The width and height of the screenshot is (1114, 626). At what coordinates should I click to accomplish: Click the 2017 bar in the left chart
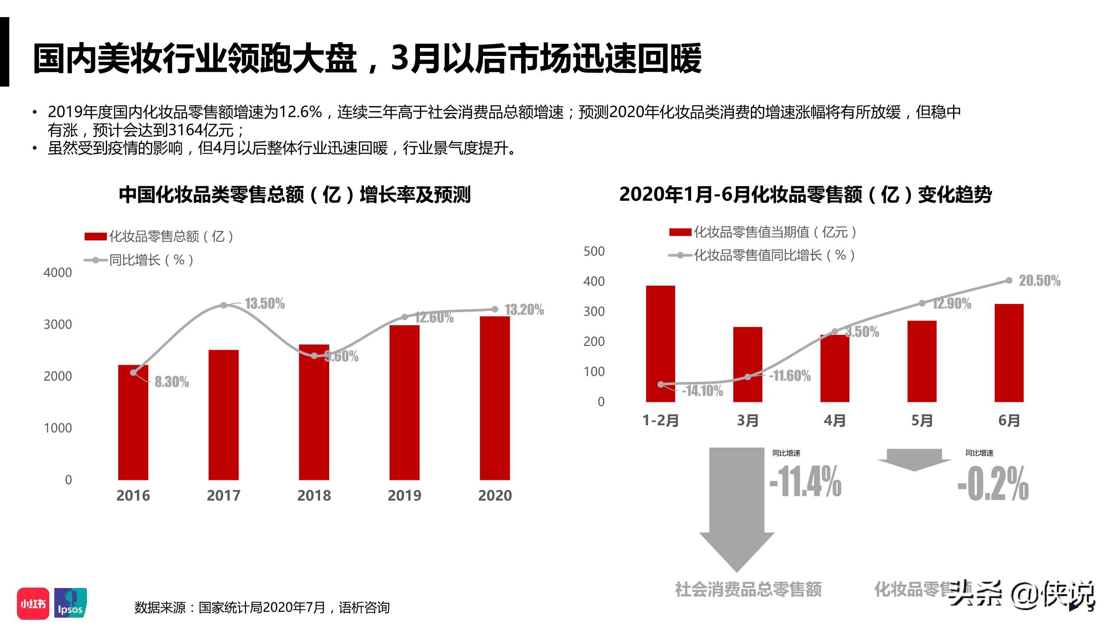[224, 415]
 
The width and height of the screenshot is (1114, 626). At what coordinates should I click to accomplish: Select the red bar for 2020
[495, 397]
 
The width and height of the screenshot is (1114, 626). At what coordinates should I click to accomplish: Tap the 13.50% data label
[265, 304]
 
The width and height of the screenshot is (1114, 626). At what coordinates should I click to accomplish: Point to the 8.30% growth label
[172, 382]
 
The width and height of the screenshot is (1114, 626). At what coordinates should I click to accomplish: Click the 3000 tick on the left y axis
[58, 324]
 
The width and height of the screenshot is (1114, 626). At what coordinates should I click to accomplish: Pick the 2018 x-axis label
[314, 495]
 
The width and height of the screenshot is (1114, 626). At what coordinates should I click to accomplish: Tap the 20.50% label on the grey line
[1039, 281]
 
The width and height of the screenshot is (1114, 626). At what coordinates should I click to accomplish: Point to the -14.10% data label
[702, 391]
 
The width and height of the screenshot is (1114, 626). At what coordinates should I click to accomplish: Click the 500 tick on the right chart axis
[594, 251]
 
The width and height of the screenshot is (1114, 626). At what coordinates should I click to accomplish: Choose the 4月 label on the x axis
[834, 420]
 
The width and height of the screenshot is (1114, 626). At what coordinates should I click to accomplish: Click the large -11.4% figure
[805, 481]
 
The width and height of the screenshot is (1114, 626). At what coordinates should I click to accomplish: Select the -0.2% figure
[993, 484]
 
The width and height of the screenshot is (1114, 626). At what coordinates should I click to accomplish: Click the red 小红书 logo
[33, 603]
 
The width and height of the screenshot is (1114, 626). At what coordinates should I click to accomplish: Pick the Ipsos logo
[71, 603]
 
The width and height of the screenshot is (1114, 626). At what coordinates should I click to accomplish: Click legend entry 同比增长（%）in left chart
[139, 260]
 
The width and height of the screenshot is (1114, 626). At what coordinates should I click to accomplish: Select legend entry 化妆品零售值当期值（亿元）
[763, 232]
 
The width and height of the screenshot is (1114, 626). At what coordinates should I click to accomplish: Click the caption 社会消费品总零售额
[748, 589]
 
